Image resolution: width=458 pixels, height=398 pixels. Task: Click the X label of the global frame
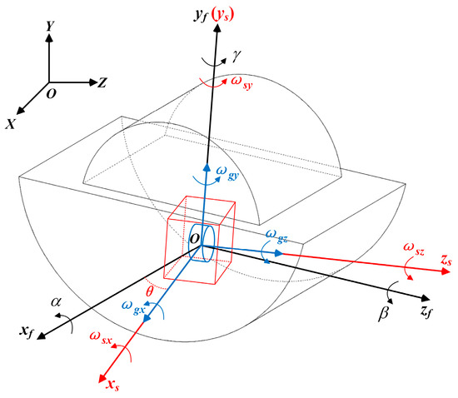[x=11, y=123]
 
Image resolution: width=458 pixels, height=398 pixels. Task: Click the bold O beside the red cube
[x=193, y=240]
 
